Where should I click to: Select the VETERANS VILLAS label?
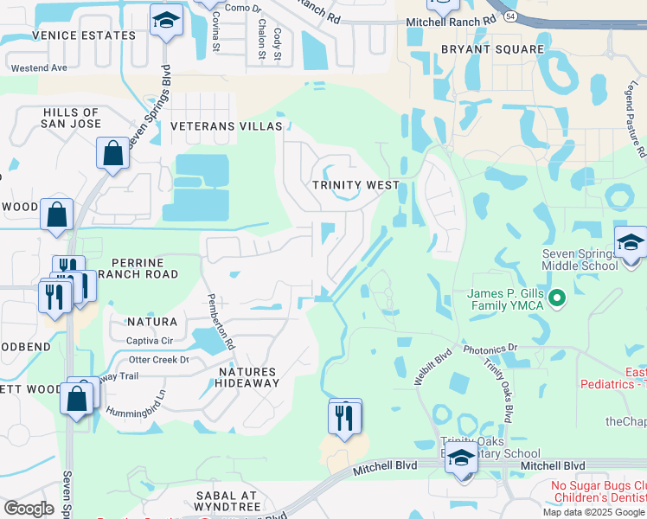tap(227, 126)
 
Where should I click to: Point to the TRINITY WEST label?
tap(356, 185)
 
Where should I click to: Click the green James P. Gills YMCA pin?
tap(558, 299)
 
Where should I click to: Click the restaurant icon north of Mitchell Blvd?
tap(344, 417)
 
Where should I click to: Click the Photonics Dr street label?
tap(490, 349)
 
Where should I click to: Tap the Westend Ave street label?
tap(38, 67)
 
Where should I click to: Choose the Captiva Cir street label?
tap(151, 340)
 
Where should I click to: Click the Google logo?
tap(29, 508)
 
